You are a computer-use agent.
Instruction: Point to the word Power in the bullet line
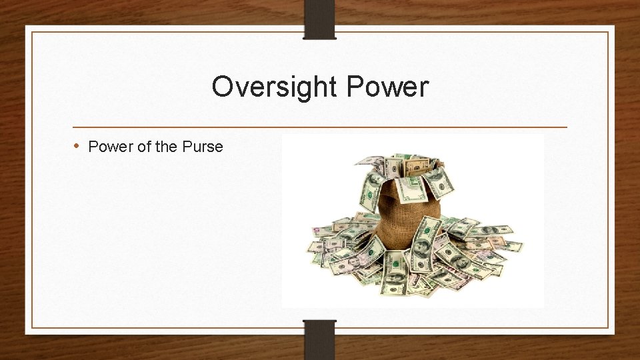(109, 147)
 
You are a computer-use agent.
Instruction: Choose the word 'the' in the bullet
(166, 147)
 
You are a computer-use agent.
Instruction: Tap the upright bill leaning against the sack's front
(427, 243)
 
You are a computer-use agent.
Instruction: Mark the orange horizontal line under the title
(319, 127)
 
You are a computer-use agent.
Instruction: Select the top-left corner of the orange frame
(32, 32)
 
